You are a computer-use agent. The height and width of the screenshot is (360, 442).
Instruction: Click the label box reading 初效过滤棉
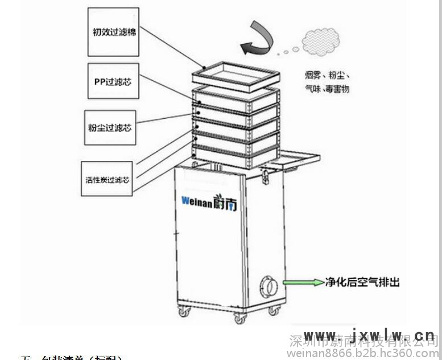click(114, 32)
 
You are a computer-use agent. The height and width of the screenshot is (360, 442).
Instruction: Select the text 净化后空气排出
click(362, 282)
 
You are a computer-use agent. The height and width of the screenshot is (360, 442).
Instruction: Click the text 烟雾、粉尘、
click(327, 75)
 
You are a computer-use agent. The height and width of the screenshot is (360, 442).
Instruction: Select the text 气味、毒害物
click(327, 89)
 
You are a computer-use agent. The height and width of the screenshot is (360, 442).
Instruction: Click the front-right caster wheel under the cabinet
click(240, 320)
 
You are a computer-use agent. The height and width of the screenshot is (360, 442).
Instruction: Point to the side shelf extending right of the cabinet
click(299, 157)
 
